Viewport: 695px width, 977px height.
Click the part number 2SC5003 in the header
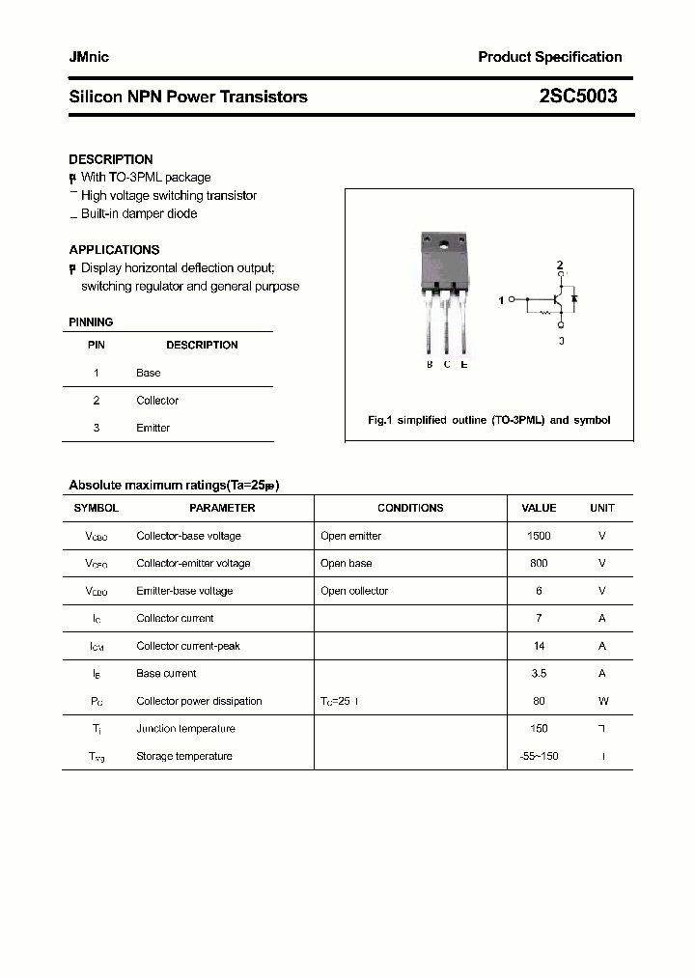tap(578, 97)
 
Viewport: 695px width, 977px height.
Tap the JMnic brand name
tap(89, 57)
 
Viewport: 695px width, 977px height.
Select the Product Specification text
tap(549, 57)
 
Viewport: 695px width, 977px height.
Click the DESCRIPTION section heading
tap(111, 159)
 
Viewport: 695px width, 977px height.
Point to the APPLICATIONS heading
tap(114, 250)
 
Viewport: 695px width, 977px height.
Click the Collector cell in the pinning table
tap(157, 401)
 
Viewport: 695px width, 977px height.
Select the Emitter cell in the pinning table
tap(153, 428)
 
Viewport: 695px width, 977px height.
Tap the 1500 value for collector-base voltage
tap(539, 536)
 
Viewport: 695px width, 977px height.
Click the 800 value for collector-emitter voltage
tap(539, 563)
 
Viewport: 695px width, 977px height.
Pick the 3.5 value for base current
tap(539, 674)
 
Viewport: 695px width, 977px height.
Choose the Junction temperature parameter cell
tap(186, 729)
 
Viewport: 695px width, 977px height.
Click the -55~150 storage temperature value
tap(539, 756)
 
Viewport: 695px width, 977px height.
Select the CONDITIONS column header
tap(410, 508)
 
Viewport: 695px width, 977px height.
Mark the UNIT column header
tap(602, 508)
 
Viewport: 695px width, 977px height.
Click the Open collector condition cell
tap(354, 591)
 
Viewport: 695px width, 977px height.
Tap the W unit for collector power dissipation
tap(602, 701)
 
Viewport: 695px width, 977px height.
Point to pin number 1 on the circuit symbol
tap(501, 300)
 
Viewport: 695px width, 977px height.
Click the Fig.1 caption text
tap(489, 421)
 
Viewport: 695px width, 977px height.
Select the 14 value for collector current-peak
tap(539, 646)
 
